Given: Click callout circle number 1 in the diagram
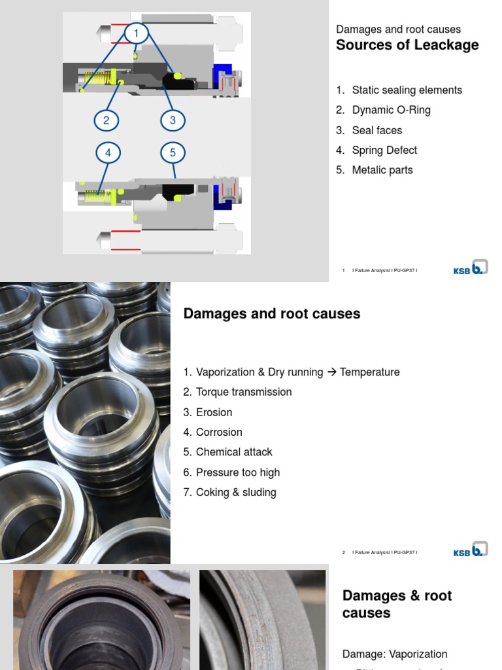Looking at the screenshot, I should point(136,33).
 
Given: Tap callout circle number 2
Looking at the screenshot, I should point(106,120).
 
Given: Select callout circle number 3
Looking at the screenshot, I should point(173,120).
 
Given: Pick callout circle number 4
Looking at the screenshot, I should point(108,153).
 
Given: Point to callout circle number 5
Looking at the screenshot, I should point(173,153).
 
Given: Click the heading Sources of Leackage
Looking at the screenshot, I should point(407,45).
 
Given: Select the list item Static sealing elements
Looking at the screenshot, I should point(407,90).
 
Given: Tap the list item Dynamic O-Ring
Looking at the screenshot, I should point(391,110).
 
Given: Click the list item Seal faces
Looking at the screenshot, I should point(376,130).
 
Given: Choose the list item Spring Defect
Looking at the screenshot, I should point(384,150).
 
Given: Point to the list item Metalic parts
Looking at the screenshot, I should point(382,170).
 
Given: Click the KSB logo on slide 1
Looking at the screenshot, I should point(471,268).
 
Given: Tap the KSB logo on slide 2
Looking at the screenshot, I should point(471,550).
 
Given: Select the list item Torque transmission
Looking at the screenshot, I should point(243,392).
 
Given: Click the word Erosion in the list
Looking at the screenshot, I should point(214,412).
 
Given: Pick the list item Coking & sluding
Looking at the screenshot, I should point(235,492).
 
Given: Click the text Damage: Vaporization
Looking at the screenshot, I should point(395,654).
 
